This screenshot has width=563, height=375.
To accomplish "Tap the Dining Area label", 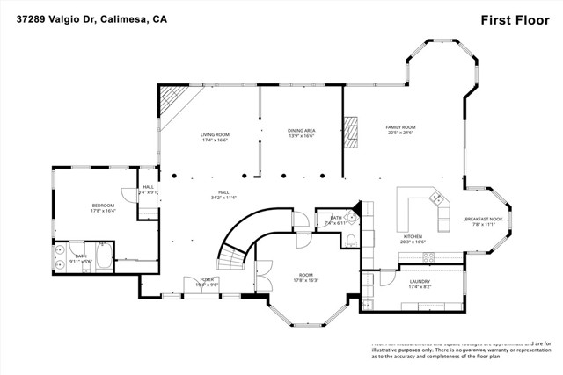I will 302,131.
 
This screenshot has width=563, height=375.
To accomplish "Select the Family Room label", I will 400,128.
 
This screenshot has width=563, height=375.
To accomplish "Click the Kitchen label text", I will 413,235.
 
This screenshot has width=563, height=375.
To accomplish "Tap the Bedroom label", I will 103,206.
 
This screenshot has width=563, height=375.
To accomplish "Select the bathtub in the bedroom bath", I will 103,257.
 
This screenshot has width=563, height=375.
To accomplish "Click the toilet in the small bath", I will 350,242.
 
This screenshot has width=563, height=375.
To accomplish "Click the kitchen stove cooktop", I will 430,257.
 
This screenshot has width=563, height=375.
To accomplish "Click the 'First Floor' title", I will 508,19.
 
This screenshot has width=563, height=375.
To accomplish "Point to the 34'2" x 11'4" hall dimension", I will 223,198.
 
